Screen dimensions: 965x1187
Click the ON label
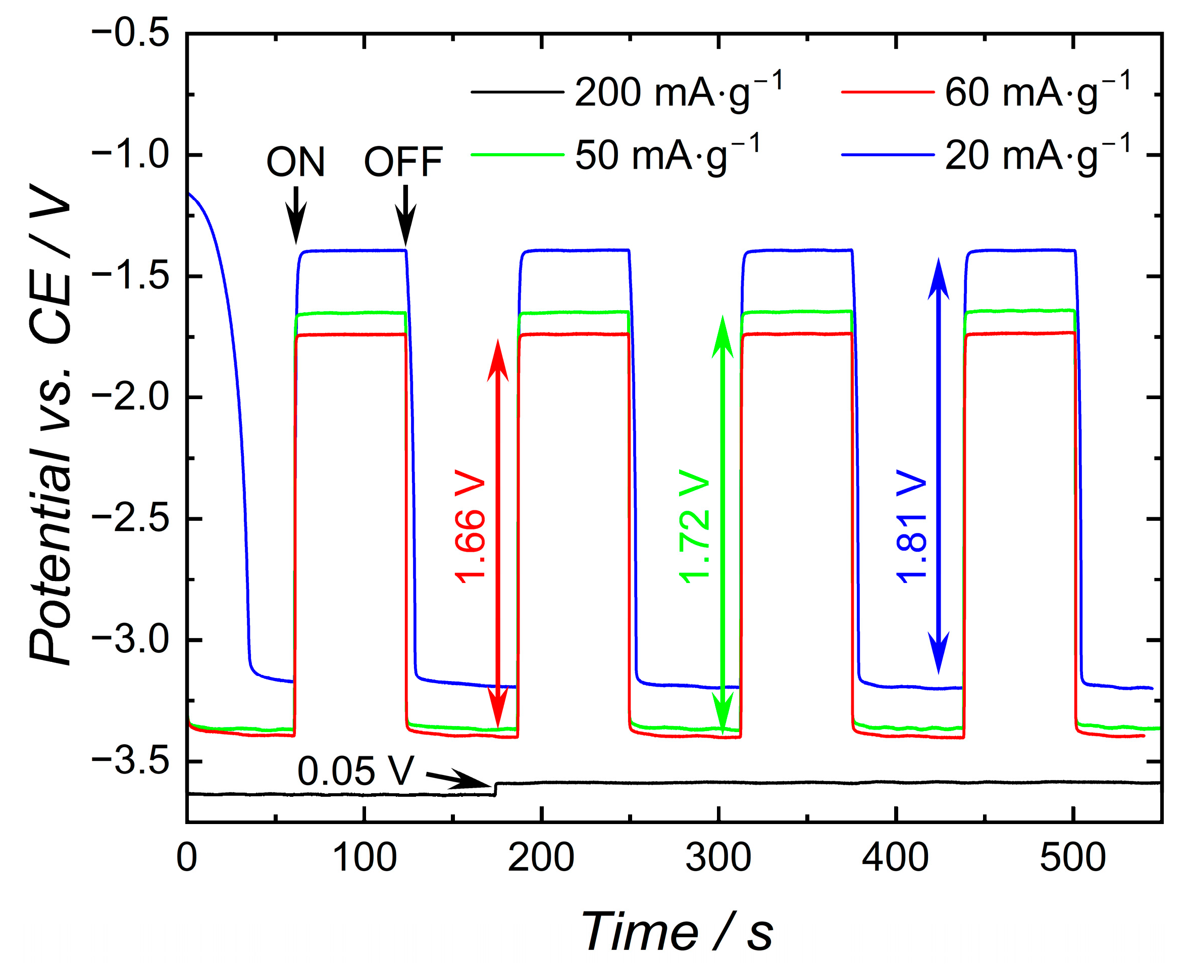coord(295,162)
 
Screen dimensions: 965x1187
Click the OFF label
coord(403,162)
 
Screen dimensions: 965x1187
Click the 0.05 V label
coord(355,771)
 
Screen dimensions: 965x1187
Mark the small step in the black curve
coord(495,789)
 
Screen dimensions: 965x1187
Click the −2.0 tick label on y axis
coord(131,398)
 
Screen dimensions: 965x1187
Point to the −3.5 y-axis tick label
coord(131,762)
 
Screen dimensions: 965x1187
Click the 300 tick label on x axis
coord(718,857)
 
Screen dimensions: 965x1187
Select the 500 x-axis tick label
coord(1072,857)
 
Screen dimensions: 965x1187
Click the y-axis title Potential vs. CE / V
coord(51,425)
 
